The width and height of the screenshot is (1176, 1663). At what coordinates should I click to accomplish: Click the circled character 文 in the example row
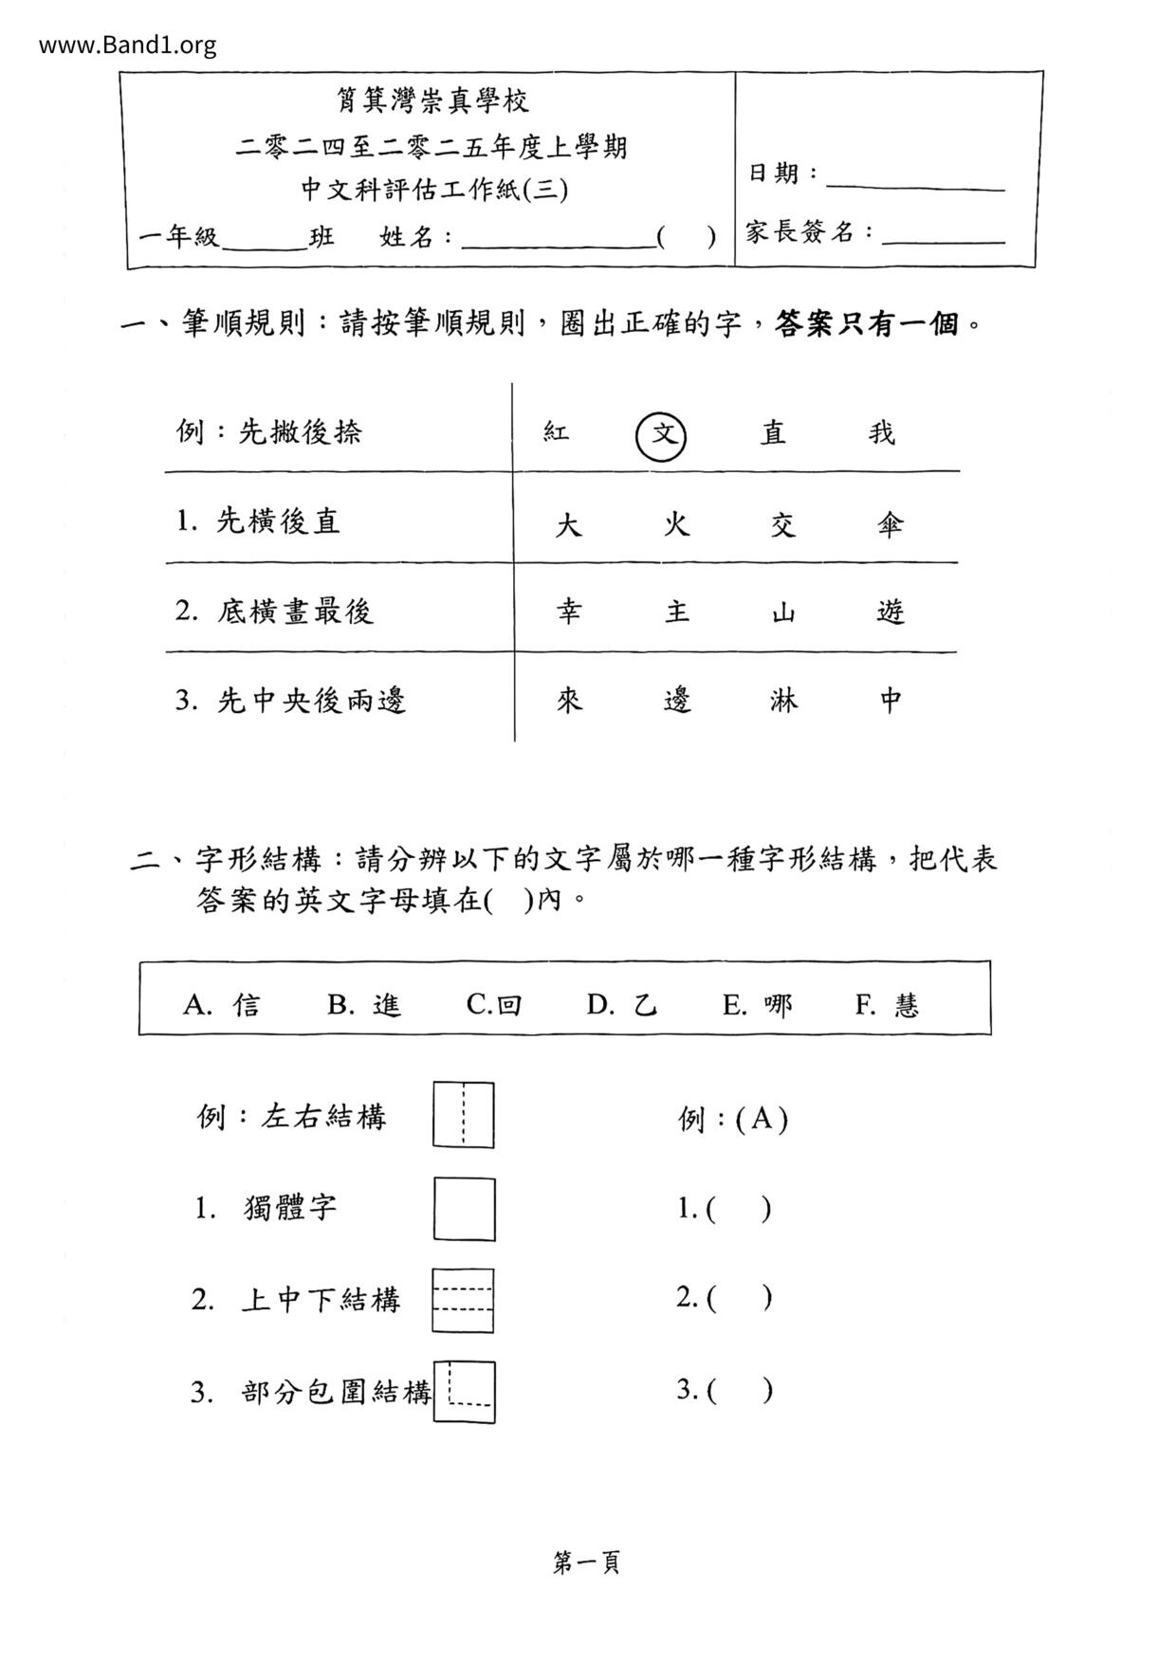coord(661,435)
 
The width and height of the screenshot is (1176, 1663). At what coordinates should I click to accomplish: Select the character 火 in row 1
coord(675,523)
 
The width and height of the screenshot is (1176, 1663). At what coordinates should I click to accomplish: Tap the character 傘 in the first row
coord(890,523)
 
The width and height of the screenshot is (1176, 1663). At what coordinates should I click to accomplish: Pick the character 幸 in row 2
coord(568,612)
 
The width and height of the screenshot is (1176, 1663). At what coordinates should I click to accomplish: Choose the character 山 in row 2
coord(782,612)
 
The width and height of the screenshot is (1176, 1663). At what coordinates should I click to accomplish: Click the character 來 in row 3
coord(568,701)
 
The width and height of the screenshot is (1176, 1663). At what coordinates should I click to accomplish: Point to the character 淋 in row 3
coord(782,701)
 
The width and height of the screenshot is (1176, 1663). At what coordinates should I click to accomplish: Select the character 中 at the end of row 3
coord(890,701)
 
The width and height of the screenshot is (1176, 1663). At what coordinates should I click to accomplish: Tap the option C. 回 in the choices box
coord(494,1004)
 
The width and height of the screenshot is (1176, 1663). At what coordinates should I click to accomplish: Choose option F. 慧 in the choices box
coord(888,1004)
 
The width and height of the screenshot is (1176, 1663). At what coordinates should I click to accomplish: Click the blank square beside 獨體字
coord(464,1209)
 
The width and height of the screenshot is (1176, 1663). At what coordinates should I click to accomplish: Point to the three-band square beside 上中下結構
coord(463,1300)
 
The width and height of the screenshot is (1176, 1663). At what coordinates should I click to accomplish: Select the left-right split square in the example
coord(464,1115)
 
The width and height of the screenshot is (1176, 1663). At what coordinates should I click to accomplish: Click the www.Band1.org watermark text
coord(128,45)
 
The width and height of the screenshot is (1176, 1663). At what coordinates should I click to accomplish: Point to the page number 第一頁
coord(586,1562)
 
